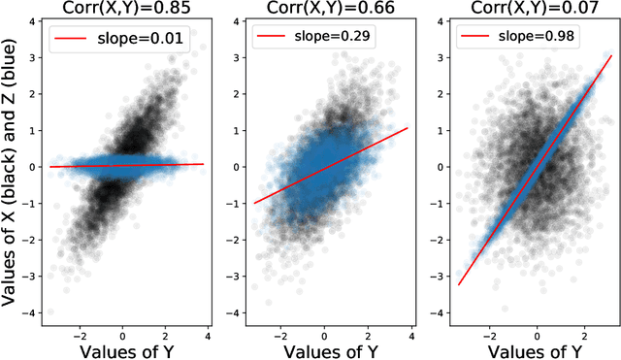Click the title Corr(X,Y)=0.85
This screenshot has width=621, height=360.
pos(126,10)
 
